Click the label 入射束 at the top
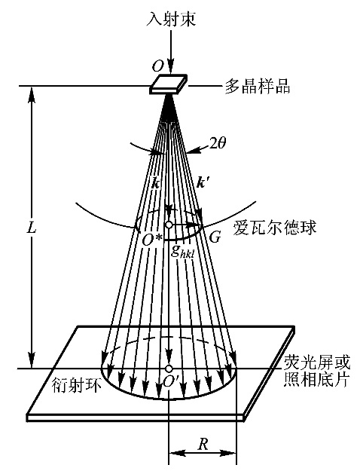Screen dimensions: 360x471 172,19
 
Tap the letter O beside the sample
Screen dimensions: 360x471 157,66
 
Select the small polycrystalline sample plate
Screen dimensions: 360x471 168,84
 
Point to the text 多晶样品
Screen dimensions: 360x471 258,86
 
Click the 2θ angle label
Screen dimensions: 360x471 218,144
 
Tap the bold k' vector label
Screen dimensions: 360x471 202,182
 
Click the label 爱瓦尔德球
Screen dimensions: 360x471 274,228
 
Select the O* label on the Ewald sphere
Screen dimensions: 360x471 152,240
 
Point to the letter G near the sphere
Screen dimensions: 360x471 215,238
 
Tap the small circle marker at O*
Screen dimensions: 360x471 169,225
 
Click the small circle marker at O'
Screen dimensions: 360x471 169,369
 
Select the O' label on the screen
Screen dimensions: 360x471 170,381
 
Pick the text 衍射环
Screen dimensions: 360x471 77,385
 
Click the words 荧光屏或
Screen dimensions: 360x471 317,362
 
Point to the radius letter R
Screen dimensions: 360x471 203,445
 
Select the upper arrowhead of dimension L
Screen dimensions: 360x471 32,94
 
